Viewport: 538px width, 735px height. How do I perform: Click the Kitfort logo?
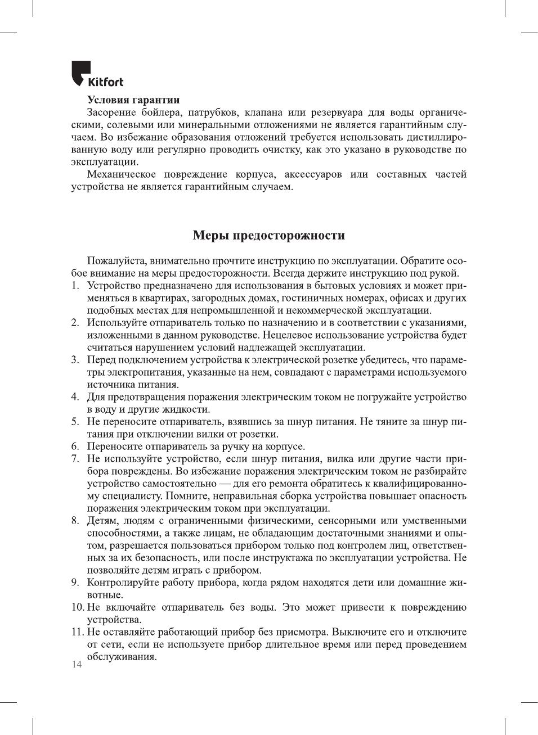[x=97, y=74]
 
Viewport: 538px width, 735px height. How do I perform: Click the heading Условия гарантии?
[x=133, y=100]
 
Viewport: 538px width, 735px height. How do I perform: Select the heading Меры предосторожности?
[x=268, y=235]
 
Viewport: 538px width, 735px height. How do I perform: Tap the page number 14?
[x=77, y=665]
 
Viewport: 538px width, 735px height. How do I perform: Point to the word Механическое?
[x=121, y=174]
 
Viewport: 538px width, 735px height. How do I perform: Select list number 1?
[x=75, y=286]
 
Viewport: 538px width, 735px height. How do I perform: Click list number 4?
[x=75, y=397]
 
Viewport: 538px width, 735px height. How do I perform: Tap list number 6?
[x=75, y=447]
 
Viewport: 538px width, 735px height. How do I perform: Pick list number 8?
[x=75, y=521]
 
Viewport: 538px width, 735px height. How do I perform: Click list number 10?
[x=77, y=607]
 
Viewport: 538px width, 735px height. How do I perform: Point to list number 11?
[x=77, y=632]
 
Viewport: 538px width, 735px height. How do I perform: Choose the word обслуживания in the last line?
[x=122, y=657]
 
